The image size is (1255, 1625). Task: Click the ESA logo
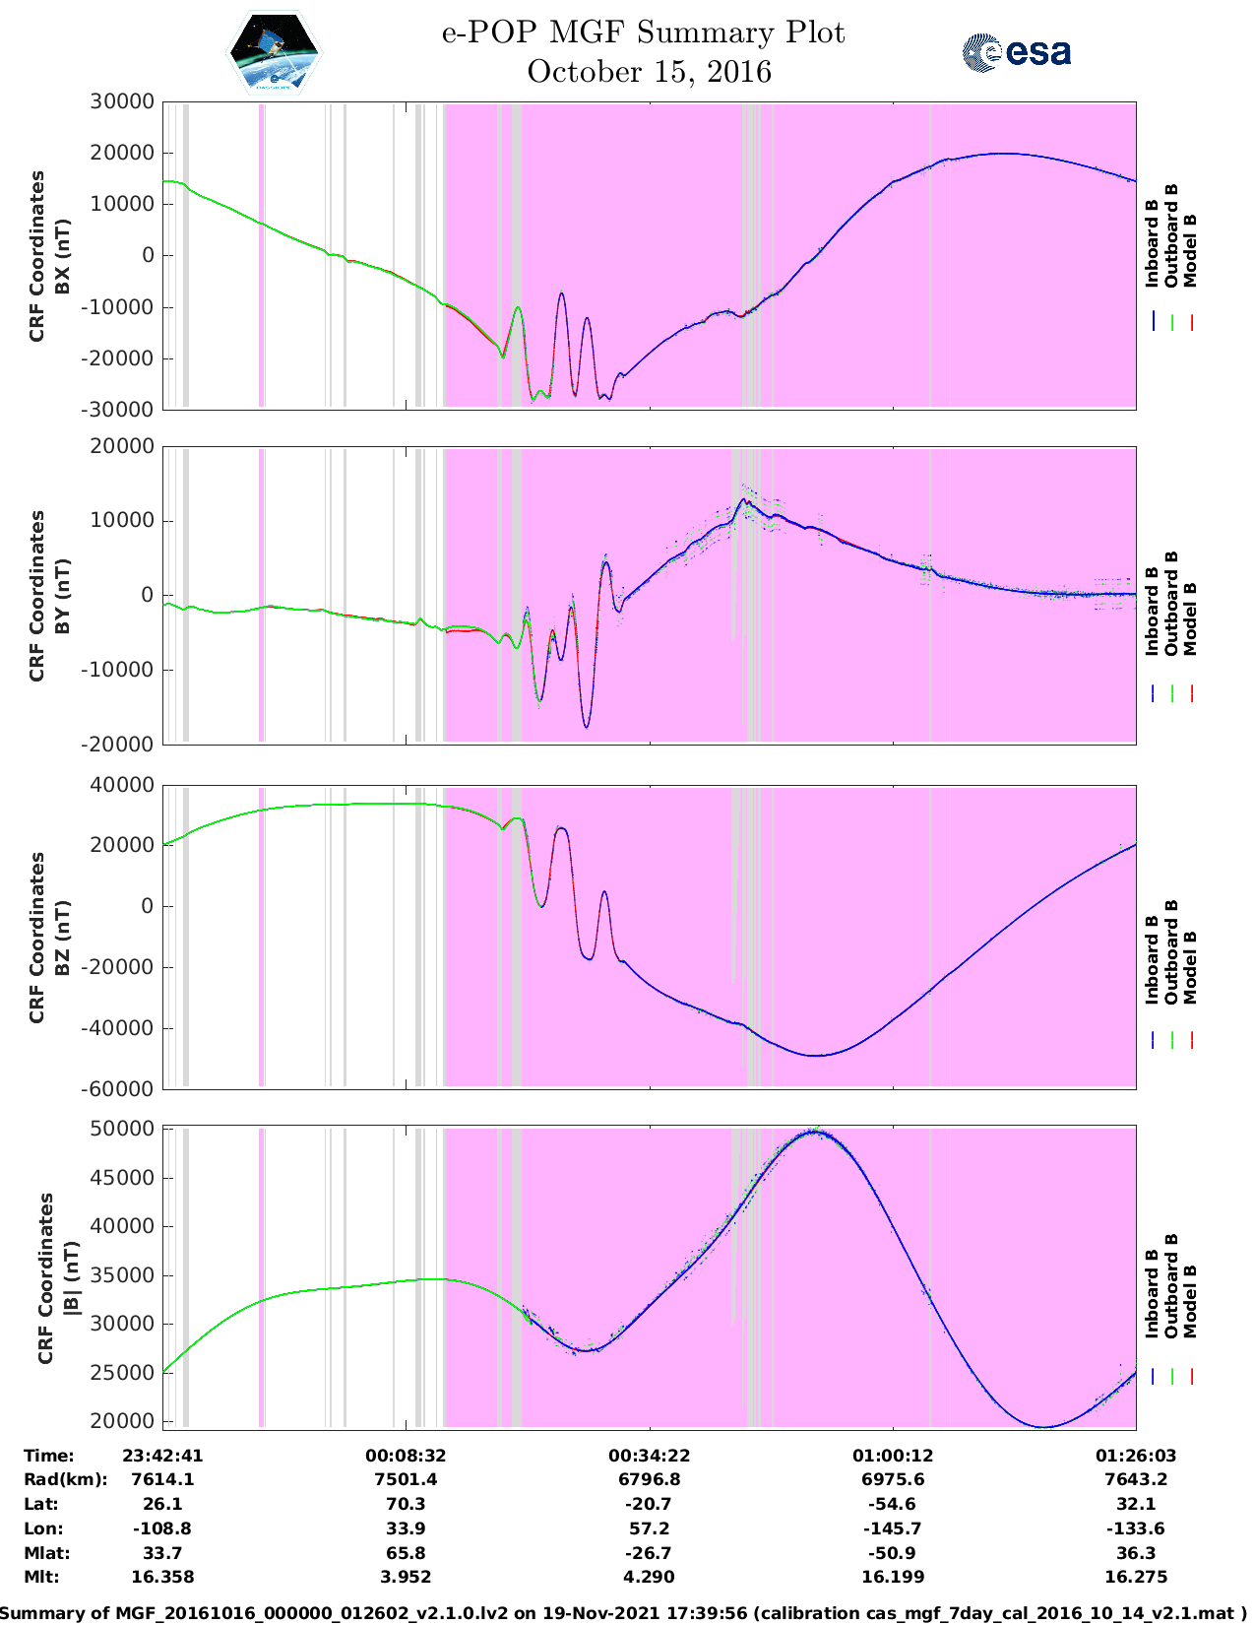(1017, 52)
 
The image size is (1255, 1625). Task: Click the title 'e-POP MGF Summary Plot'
(643, 32)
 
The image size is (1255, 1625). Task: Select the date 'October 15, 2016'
(649, 72)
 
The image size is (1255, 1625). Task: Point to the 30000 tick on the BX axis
(122, 101)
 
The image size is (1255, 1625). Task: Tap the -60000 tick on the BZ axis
(122, 1088)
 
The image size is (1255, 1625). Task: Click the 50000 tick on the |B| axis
(122, 1129)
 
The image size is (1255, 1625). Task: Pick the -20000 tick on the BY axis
(122, 745)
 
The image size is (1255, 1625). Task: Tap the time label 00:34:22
(649, 1456)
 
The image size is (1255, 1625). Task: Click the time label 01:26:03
(1136, 1456)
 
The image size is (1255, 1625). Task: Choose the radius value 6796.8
(649, 1479)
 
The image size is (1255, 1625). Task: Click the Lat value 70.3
(406, 1504)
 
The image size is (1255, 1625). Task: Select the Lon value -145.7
(893, 1528)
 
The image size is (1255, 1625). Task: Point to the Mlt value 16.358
(162, 1577)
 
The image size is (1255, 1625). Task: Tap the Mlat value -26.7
(649, 1553)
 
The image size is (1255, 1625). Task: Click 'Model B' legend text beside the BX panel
(1190, 250)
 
